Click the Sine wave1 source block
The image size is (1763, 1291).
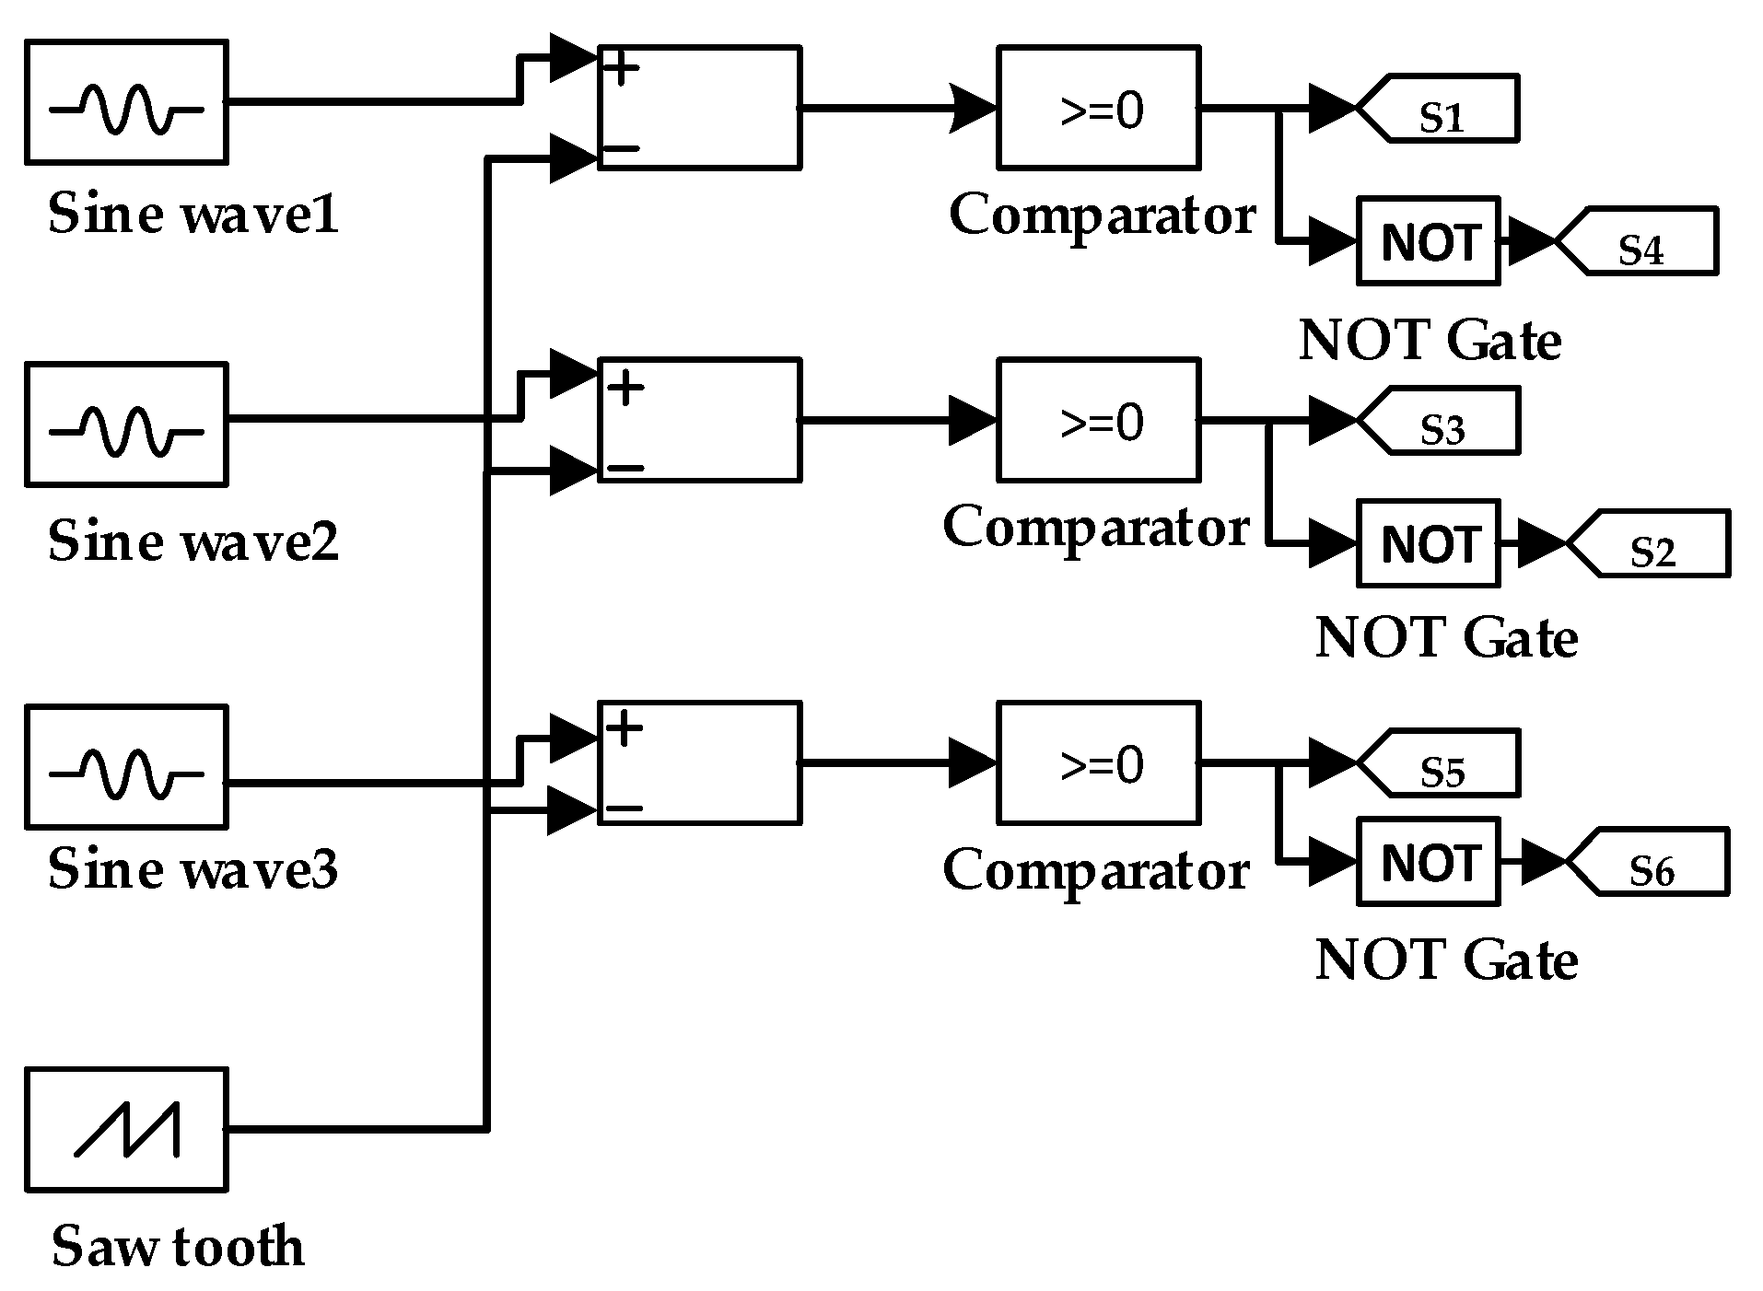(126, 102)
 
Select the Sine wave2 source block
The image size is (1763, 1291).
(126, 425)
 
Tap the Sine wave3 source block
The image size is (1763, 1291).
(126, 766)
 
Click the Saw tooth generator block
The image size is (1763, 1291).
(126, 1130)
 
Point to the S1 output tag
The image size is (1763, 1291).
(1442, 109)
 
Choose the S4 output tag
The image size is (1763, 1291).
(1640, 241)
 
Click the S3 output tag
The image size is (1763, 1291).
(1442, 421)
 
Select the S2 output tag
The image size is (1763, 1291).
(1652, 544)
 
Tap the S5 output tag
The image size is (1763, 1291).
(1442, 763)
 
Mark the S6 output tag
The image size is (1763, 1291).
(1652, 862)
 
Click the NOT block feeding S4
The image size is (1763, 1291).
(1429, 241)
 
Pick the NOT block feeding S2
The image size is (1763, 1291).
(1429, 544)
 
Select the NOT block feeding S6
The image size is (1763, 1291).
(1429, 862)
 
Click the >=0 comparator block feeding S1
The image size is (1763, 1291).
(1099, 109)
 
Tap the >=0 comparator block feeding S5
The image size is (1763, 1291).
(1099, 763)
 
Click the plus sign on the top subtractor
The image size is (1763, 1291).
(623, 69)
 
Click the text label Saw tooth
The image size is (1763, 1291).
(178, 1247)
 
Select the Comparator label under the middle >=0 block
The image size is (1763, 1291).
(1096, 528)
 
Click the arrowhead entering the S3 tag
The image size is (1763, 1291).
(1331, 421)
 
